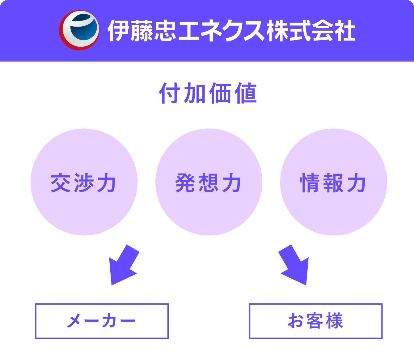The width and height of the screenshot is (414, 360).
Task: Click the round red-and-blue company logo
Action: point(79,30)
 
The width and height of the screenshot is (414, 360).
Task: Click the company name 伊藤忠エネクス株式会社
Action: point(231,31)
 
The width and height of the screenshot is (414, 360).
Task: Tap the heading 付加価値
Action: point(208,93)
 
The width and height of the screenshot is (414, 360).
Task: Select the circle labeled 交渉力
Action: point(84,182)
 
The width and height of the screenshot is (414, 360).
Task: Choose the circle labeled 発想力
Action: point(209,182)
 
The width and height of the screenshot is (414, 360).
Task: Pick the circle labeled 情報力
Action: point(334,182)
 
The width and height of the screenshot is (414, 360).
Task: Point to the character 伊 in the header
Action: point(118,31)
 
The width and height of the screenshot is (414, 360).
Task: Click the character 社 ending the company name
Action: point(344,31)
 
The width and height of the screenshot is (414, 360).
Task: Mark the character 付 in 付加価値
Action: point(170,93)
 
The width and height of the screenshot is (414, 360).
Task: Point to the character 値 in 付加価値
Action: point(246,93)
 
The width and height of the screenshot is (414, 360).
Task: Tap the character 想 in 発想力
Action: point(209,183)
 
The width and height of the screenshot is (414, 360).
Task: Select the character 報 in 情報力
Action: point(333,183)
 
